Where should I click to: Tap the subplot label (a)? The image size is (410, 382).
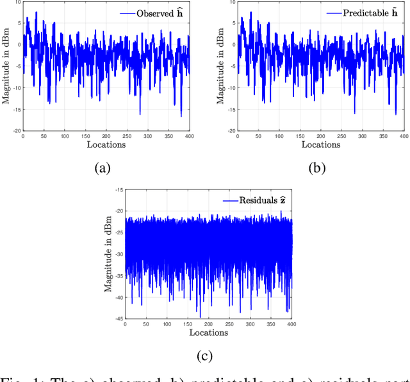tap(102, 169)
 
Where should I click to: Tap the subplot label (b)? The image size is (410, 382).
tap(318, 169)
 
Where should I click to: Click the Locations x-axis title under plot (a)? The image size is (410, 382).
tap(106, 144)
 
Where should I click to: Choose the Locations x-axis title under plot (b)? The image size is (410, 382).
tap(321, 144)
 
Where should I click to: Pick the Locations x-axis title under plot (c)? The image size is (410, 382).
tap(209, 333)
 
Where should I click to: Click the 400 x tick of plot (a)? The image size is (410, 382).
tap(190, 136)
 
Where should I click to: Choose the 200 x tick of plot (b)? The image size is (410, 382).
tap(321, 136)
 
